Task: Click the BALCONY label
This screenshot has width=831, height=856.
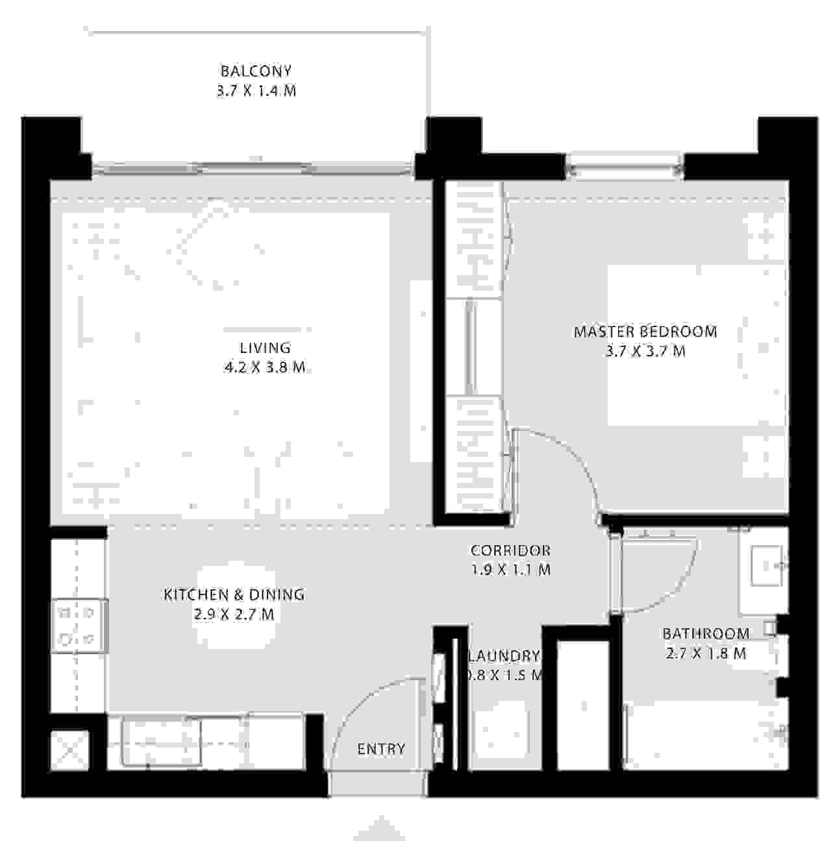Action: point(256,71)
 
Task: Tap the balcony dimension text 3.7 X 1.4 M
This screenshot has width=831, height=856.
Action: point(256,91)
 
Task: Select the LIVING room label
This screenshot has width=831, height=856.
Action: point(265,348)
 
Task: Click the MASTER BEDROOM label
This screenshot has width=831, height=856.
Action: point(645,332)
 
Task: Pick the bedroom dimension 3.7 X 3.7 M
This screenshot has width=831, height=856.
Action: point(645,352)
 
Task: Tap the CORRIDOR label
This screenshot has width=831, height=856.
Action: point(510,550)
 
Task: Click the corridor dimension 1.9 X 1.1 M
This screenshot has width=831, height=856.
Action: point(510,570)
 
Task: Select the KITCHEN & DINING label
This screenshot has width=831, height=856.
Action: point(234,594)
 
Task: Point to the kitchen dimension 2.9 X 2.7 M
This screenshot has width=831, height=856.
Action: point(234,614)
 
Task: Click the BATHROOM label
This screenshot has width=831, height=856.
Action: point(706,634)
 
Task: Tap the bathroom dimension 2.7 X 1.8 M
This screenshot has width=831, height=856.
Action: point(706,654)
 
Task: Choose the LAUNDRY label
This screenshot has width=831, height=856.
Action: point(504,656)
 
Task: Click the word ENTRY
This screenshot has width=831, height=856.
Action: point(381,749)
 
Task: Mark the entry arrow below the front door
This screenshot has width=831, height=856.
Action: point(379,829)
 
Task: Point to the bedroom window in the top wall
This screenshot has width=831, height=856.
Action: point(625,169)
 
